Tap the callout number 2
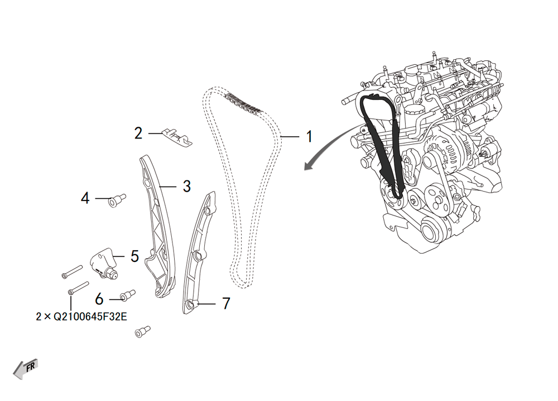pyautogui.click(x=138, y=133)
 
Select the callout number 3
pyautogui.click(x=186, y=185)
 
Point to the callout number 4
pyautogui.click(x=85, y=198)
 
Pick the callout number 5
pyautogui.click(x=134, y=256)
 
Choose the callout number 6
pyautogui.click(x=99, y=299)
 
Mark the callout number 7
pyautogui.click(x=225, y=303)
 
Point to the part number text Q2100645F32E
pyautogui.click(x=81, y=317)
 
